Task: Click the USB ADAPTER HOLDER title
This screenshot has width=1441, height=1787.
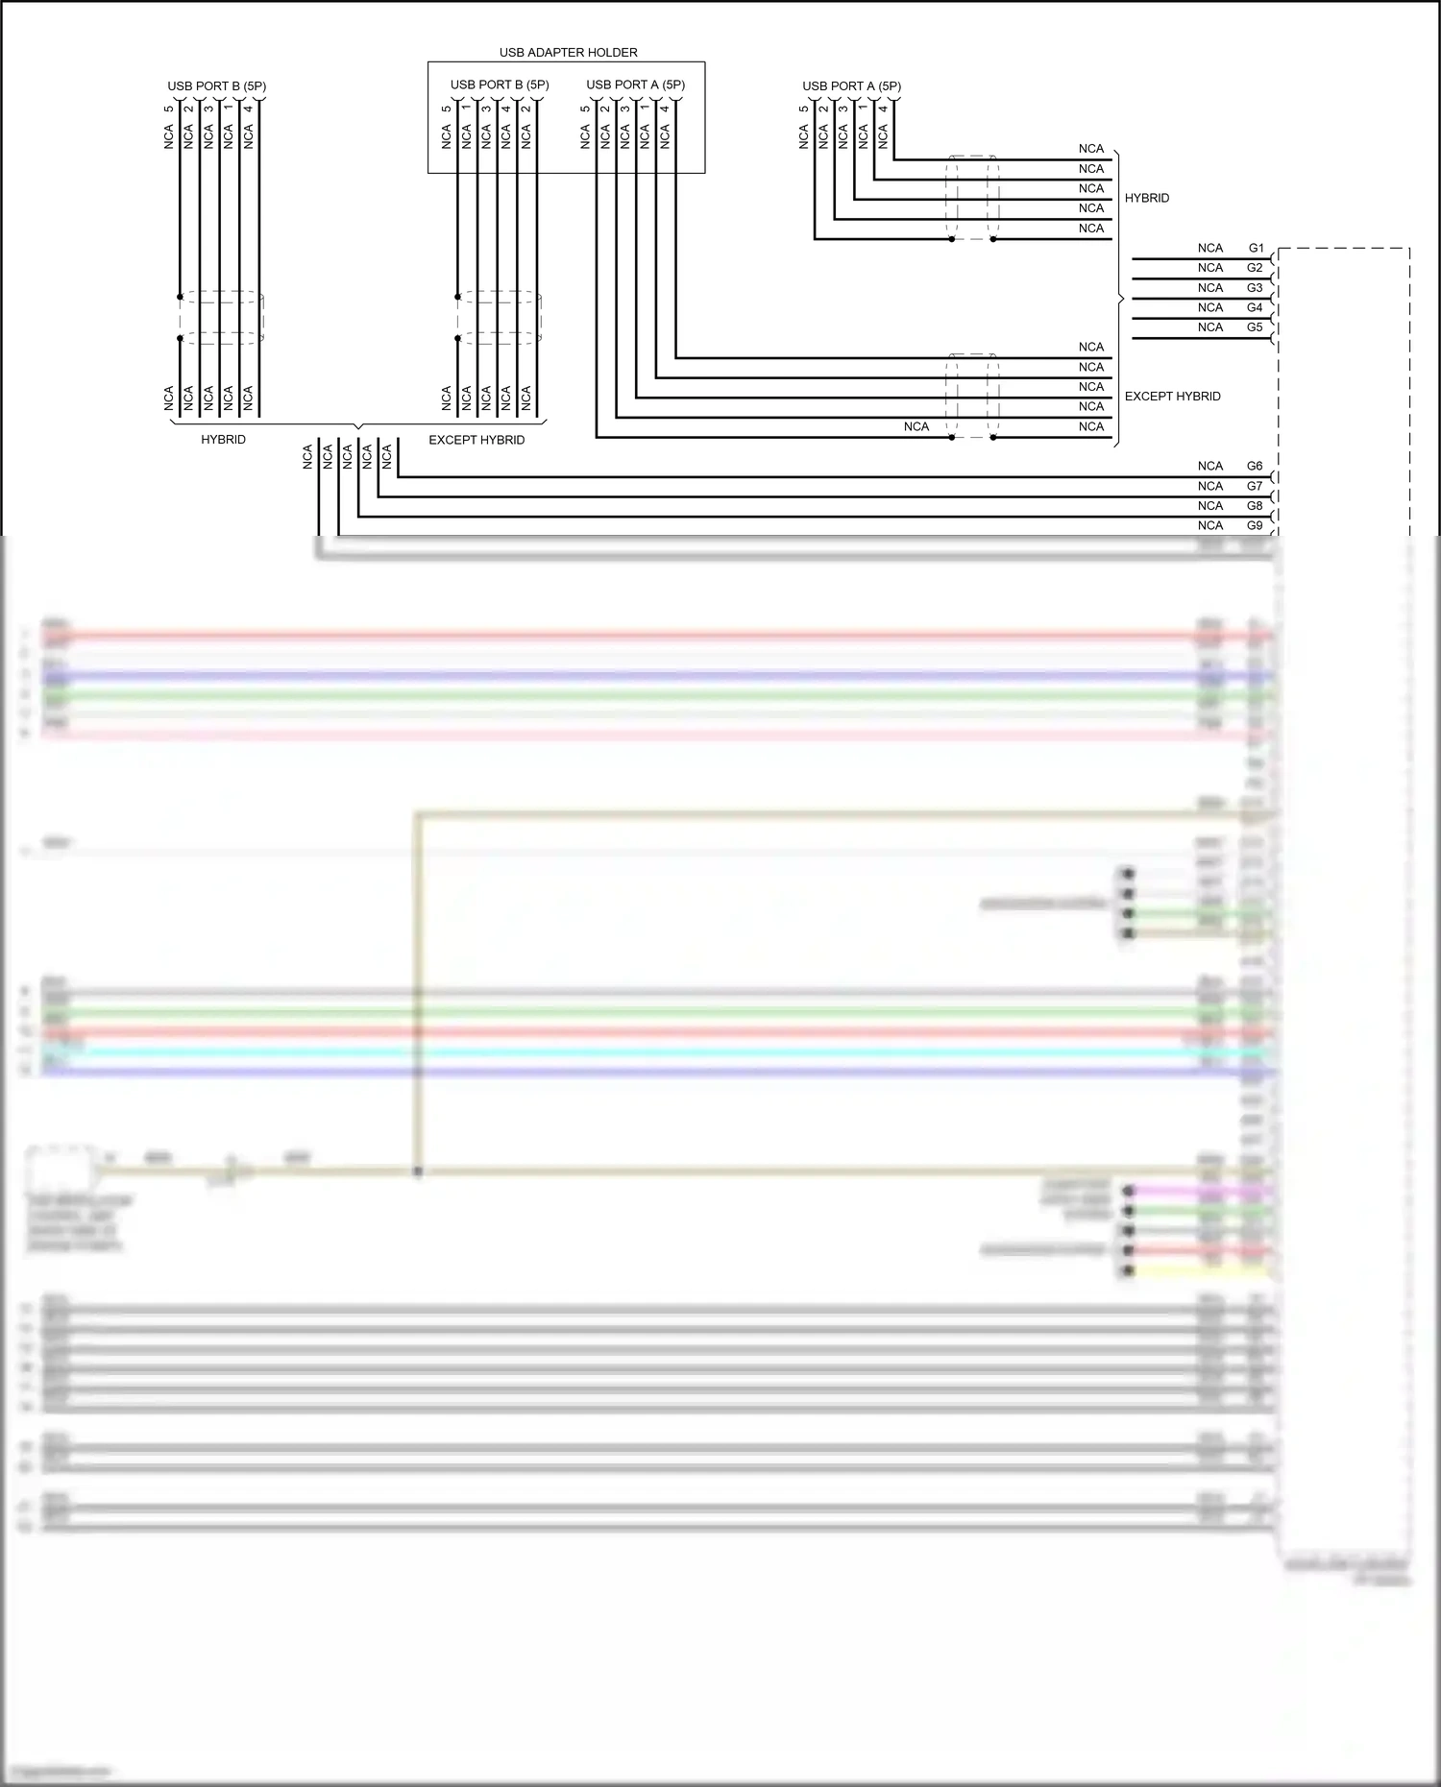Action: pyautogui.click(x=568, y=52)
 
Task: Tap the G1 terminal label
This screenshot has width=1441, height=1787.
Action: pyautogui.click(x=1256, y=248)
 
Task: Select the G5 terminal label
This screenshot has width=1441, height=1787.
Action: pyautogui.click(x=1255, y=327)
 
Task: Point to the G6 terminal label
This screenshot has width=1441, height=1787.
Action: pyautogui.click(x=1255, y=466)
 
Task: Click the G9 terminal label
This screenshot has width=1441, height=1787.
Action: pyautogui.click(x=1255, y=525)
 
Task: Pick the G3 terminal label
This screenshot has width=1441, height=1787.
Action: pyautogui.click(x=1255, y=288)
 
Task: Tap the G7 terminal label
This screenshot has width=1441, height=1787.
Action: pyautogui.click(x=1255, y=486)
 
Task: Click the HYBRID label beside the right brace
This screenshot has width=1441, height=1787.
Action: pyautogui.click(x=1147, y=198)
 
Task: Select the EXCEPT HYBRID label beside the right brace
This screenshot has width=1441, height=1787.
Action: pyautogui.click(x=1172, y=396)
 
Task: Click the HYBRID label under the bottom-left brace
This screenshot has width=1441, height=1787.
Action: pyautogui.click(x=223, y=439)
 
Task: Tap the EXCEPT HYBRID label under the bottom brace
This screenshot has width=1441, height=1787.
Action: pyautogui.click(x=476, y=440)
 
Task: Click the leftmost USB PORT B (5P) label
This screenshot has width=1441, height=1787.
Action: pyautogui.click(x=216, y=86)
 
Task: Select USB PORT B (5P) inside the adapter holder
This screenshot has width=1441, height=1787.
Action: pyautogui.click(x=500, y=85)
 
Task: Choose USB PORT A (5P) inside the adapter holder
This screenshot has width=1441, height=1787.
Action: pyautogui.click(x=635, y=85)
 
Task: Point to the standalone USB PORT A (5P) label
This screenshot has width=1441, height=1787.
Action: pyautogui.click(x=851, y=86)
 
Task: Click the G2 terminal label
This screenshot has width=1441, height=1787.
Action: pyautogui.click(x=1255, y=268)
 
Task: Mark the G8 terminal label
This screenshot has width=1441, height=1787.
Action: pyautogui.click(x=1255, y=506)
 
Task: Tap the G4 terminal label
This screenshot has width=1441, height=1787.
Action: pyautogui.click(x=1255, y=307)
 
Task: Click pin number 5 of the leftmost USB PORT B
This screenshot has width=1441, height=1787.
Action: pyautogui.click(x=169, y=109)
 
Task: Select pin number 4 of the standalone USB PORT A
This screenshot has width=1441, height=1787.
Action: pyautogui.click(x=884, y=109)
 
